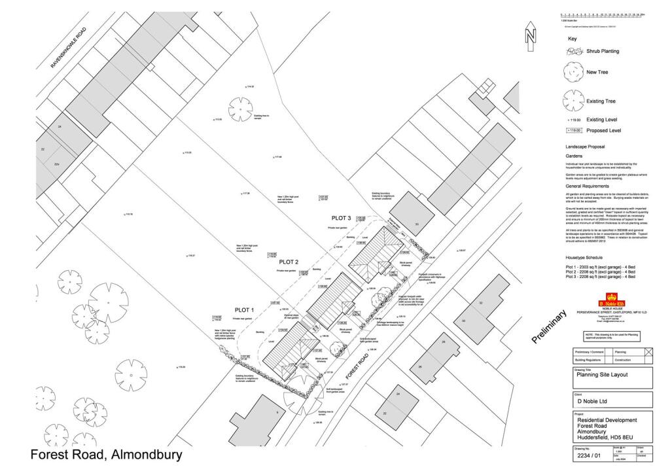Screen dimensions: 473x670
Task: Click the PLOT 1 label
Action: pyautogui.click(x=244, y=309)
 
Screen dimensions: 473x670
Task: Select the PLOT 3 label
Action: pyautogui.click(x=341, y=217)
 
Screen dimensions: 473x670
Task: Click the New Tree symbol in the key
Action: pyautogui.click(x=573, y=71)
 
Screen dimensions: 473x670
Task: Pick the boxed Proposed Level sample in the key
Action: pyautogui.click(x=573, y=130)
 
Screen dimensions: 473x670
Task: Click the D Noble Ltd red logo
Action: pyautogui.click(x=612, y=304)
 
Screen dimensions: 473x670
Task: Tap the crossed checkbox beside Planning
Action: pyautogui.click(x=649, y=352)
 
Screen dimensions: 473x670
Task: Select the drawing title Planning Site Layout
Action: pyautogui.click(x=601, y=375)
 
